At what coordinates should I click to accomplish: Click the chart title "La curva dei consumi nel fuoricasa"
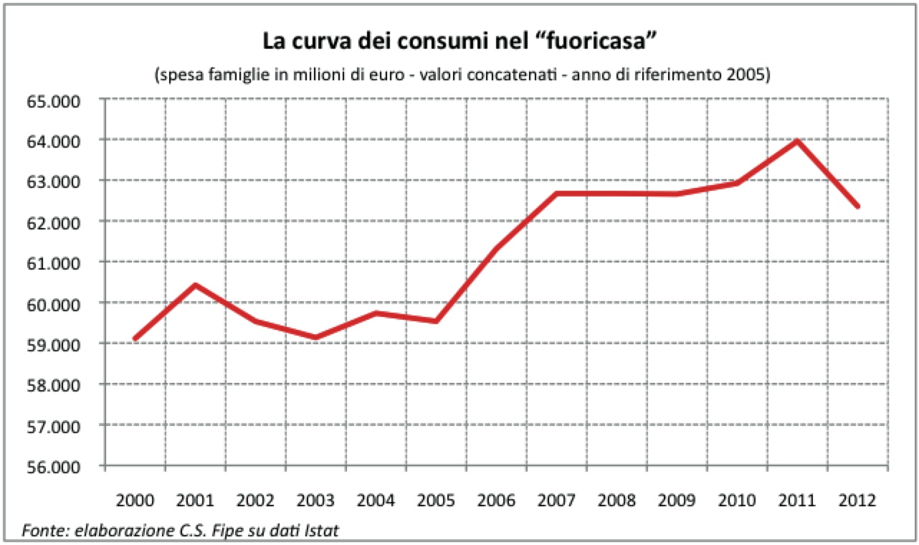459,40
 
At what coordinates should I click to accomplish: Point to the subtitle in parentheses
459,75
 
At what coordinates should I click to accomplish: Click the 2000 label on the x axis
135,501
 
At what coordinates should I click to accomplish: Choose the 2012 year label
857,501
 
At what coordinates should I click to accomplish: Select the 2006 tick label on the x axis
496,501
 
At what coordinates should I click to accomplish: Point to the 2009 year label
677,501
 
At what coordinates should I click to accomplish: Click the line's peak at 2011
797,141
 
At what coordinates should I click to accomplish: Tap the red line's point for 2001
195,285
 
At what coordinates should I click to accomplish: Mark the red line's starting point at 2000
135,338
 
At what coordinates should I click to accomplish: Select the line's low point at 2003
315,337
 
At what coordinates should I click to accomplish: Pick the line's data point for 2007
556,194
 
